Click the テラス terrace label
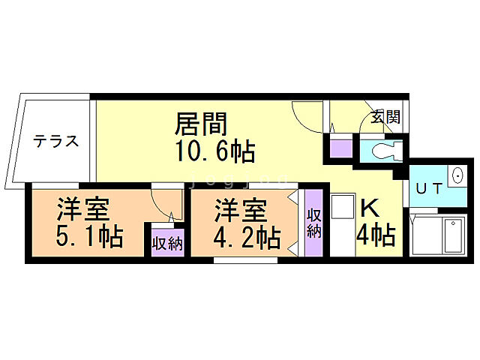(55, 142)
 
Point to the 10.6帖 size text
(215, 151)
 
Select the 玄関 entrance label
(386, 117)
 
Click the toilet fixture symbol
(382, 150)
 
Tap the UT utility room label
(428, 190)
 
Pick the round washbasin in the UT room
(457, 177)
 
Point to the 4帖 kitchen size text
(375, 236)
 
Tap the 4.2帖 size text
(246, 238)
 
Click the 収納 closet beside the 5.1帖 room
(167, 243)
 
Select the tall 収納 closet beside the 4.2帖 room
(313, 223)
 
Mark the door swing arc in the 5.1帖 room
(163, 204)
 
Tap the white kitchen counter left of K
(342, 225)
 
